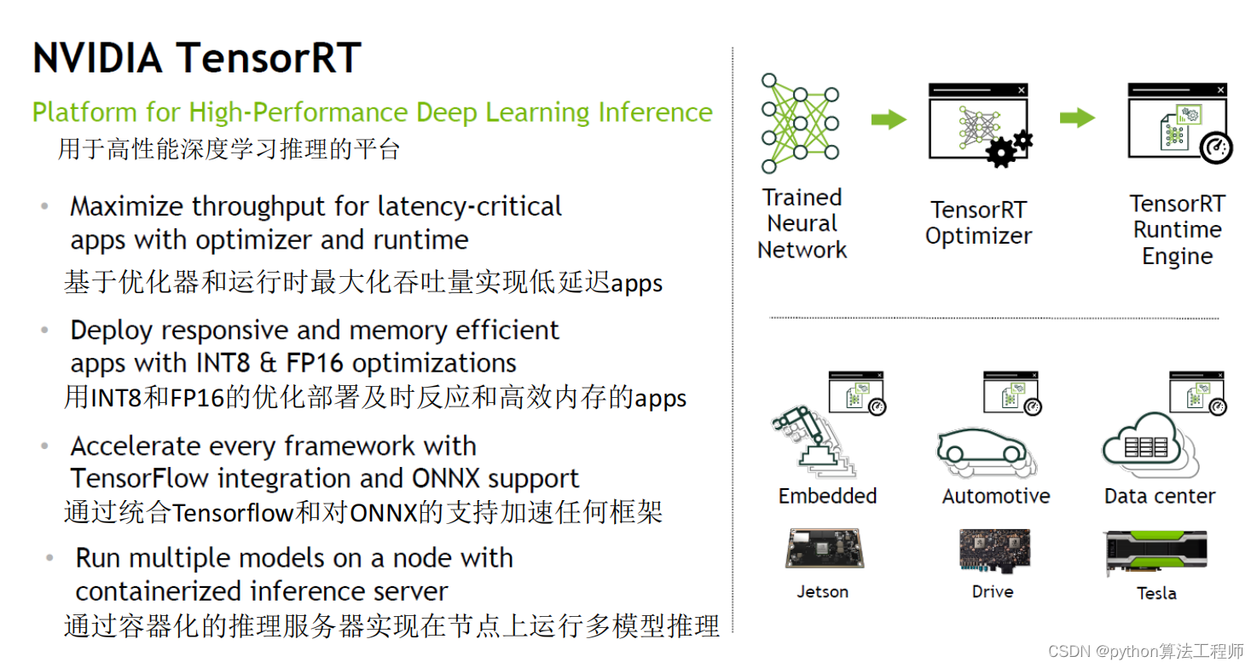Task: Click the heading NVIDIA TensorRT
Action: coord(197,59)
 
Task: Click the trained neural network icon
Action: coord(800,123)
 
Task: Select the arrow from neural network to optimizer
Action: coord(889,119)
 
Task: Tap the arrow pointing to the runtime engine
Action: coord(1077,118)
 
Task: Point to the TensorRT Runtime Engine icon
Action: coord(1178,122)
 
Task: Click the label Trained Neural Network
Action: coord(802,224)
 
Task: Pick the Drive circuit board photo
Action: coord(993,550)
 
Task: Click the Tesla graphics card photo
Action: coord(1159,554)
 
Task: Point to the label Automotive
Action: coord(996,496)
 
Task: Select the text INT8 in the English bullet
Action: coord(220,363)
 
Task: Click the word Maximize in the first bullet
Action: coord(126,207)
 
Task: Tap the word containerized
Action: coord(159,591)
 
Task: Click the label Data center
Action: coord(1160,496)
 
